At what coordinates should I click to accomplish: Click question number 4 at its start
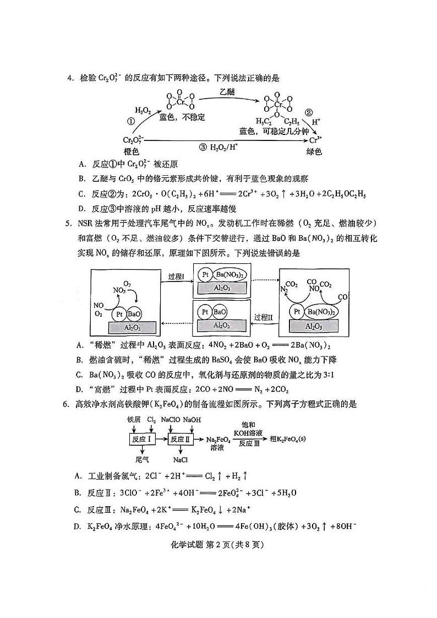70,78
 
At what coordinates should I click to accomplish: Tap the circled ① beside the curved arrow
131,122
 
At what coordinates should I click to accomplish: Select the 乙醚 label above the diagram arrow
226,92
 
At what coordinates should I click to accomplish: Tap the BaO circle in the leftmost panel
135,314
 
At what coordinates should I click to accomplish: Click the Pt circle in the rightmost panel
297,312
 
